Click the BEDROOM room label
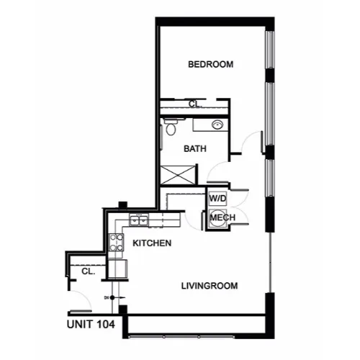point(210,64)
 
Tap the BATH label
point(195,149)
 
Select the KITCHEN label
point(152,243)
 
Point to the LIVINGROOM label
point(210,286)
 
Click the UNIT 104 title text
point(91,325)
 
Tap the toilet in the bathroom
point(171,127)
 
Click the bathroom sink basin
point(217,125)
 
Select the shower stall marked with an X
point(178,175)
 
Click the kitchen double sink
point(139,220)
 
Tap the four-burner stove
point(116,242)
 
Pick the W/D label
point(217,199)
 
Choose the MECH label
point(222,217)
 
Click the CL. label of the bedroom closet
point(195,104)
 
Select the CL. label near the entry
point(89,271)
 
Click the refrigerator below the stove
point(117,269)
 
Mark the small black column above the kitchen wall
point(122,204)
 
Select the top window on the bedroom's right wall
point(270,50)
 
